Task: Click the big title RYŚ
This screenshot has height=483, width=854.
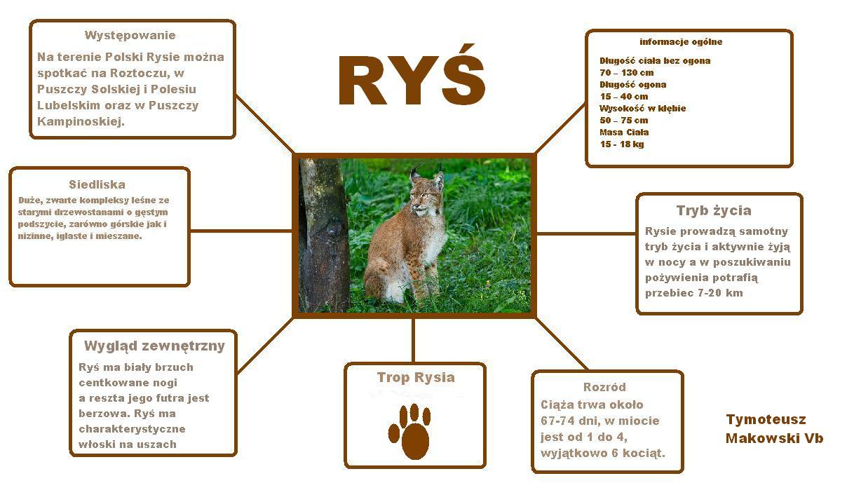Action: click(x=412, y=76)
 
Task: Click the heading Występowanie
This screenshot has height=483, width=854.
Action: click(x=130, y=36)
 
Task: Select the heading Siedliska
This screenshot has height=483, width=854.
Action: click(x=97, y=184)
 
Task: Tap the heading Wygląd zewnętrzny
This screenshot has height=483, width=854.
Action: click(x=154, y=346)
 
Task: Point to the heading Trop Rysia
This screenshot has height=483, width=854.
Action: click(x=416, y=377)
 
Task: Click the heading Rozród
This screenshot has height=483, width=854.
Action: click(x=604, y=387)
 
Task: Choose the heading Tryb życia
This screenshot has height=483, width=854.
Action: click(x=714, y=210)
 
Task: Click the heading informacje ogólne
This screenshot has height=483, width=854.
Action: click(x=681, y=41)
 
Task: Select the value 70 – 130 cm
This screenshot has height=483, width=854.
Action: click(x=626, y=72)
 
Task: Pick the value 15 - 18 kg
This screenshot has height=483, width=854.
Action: click(x=621, y=144)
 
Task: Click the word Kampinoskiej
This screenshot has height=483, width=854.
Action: click(x=81, y=121)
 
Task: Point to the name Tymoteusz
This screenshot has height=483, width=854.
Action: click(x=766, y=419)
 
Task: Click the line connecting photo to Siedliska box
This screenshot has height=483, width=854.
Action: click(x=241, y=231)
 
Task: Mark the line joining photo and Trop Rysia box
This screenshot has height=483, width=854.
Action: click(x=413, y=340)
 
